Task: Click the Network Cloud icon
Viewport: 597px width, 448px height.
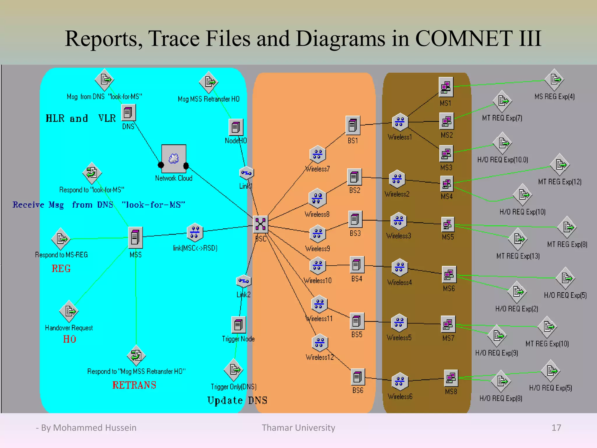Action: (174, 159)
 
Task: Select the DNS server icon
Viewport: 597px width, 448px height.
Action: (128, 113)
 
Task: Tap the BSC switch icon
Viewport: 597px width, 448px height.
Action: (260, 224)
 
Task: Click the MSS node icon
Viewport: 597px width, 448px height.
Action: (135, 237)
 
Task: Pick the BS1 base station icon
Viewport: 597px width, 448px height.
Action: (353, 125)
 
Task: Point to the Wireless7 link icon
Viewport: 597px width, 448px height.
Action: (317, 154)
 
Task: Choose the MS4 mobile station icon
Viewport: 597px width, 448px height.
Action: (447, 184)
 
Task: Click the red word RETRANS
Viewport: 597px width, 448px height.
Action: (134, 385)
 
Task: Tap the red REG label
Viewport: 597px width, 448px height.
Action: (61, 268)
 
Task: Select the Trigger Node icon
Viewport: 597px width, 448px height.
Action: (238, 324)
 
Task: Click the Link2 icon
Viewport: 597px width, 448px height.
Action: (243, 281)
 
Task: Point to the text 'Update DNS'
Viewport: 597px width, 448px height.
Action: (237, 400)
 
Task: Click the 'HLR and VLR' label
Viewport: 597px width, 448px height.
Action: (80, 118)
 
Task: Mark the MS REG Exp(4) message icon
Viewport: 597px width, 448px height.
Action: (554, 79)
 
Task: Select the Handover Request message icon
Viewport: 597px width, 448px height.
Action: (69, 311)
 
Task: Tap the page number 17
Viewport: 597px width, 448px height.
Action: (556, 428)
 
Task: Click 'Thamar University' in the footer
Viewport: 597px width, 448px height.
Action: (298, 428)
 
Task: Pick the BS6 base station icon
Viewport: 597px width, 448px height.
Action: (358, 377)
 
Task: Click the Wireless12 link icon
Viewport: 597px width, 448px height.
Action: (320, 343)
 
